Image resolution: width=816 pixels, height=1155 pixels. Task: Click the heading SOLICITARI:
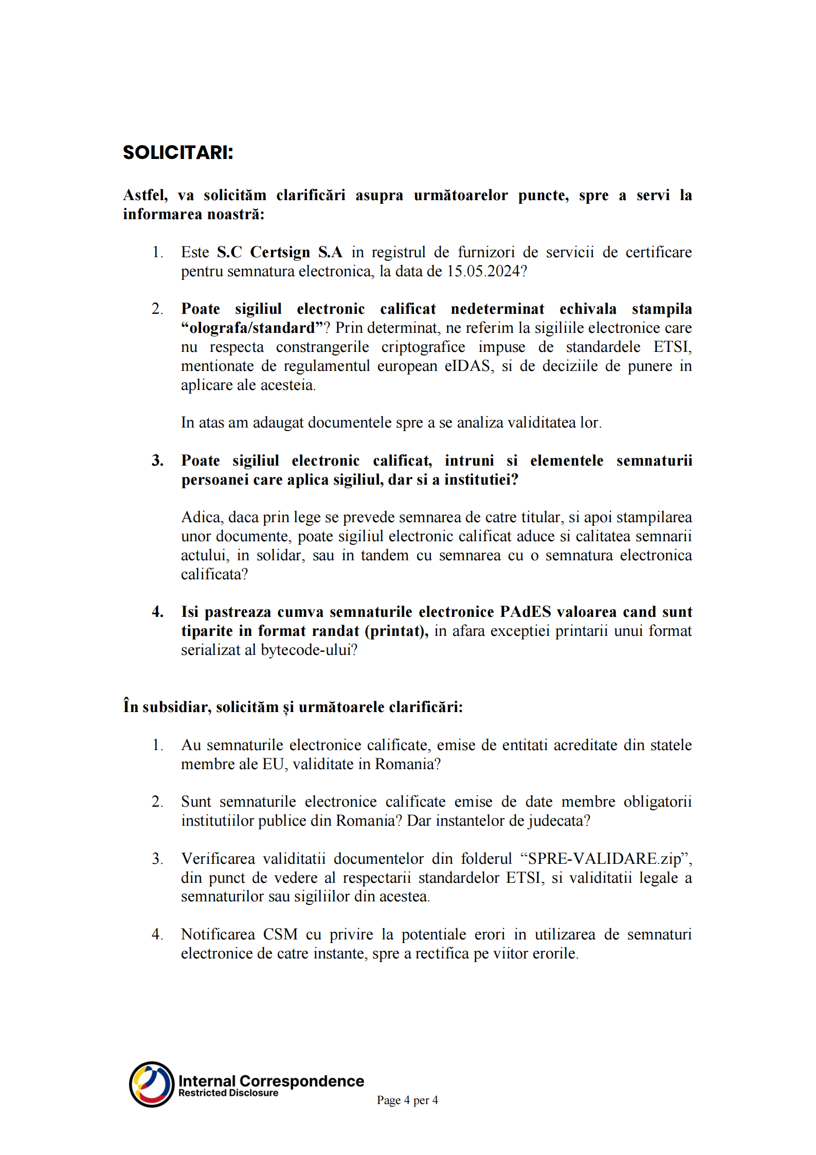[178, 153]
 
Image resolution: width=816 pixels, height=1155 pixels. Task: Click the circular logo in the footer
[152, 1084]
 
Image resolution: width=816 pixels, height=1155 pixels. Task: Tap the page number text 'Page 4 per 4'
[407, 1100]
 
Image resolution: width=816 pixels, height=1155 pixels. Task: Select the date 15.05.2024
[483, 272]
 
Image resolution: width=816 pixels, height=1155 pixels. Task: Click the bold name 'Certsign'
[280, 253]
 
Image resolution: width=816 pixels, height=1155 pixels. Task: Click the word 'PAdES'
[525, 612]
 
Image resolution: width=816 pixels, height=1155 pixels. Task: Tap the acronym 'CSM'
[280, 934]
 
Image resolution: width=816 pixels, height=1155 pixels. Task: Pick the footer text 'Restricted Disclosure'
[228, 1093]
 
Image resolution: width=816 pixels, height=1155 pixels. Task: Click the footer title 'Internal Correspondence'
[271, 1081]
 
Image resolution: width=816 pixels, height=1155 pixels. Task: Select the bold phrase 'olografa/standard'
[252, 328]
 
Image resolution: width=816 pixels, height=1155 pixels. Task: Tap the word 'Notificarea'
[218, 934]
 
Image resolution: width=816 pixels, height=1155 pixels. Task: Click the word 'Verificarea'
[218, 859]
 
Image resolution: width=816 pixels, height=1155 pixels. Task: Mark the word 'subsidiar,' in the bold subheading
[177, 707]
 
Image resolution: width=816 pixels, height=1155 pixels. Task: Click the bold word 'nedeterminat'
[497, 309]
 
